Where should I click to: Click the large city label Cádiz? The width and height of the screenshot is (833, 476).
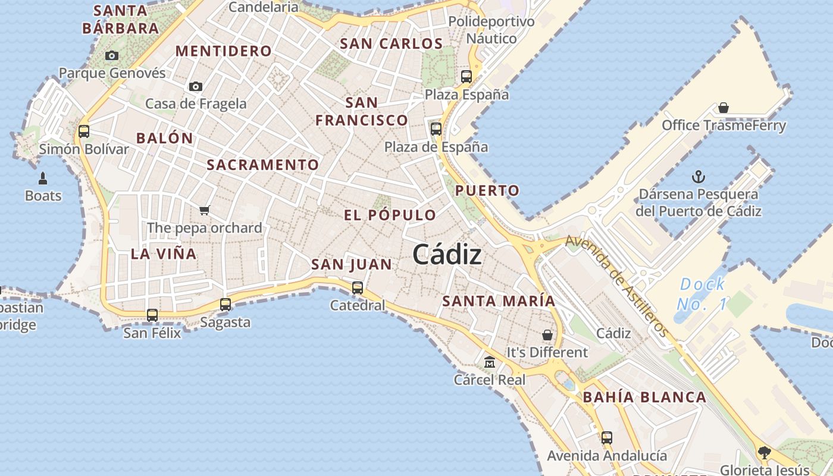coord(447,255)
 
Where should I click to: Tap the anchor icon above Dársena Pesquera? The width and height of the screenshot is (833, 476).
coord(699,177)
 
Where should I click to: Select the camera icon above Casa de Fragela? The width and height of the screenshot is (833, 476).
coord(195,87)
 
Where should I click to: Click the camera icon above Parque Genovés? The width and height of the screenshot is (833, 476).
coord(111,56)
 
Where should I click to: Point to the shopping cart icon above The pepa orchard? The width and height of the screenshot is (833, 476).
coord(205,210)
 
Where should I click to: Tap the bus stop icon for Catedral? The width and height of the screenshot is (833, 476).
coord(358,288)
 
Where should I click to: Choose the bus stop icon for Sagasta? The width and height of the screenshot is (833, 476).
coord(226,305)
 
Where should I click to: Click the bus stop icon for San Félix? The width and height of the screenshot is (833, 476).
coord(152,315)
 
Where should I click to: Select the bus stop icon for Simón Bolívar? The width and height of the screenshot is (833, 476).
coord(84,131)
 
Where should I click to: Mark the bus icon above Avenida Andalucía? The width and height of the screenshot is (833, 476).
coord(607,438)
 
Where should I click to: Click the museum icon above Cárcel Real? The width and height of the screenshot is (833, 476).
coord(490,362)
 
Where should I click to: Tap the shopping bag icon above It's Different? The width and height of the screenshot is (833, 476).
coord(547,335)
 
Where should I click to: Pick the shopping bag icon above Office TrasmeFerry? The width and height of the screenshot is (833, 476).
coord(724,108)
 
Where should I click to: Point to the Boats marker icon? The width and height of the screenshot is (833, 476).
coord(43,178)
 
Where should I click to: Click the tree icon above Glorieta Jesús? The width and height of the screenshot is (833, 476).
coord(765,453)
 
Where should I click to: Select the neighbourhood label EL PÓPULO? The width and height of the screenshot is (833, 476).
coord(390,215)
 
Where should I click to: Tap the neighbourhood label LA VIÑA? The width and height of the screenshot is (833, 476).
coord(163,254)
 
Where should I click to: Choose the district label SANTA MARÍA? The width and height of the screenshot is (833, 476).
coord(499,301)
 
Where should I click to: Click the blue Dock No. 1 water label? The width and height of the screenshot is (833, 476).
coord(702,294)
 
